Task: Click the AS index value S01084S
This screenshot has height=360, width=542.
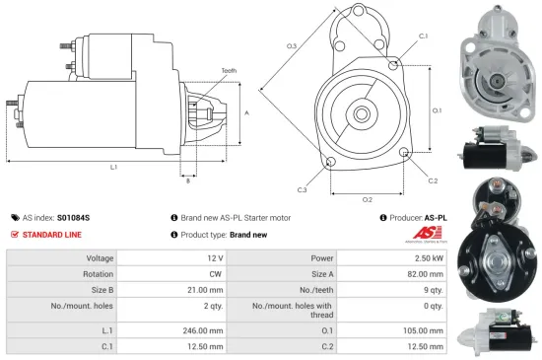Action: [73, 217]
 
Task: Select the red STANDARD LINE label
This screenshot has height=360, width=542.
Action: [49, 235]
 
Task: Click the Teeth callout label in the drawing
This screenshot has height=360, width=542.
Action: [229, 71]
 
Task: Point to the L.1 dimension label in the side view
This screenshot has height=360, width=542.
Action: [113, 168]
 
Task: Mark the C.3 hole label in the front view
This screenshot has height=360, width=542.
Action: [302, 189]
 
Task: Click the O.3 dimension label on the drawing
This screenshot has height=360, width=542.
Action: [292, 46]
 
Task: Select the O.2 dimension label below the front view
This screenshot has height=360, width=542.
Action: [367, 199]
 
